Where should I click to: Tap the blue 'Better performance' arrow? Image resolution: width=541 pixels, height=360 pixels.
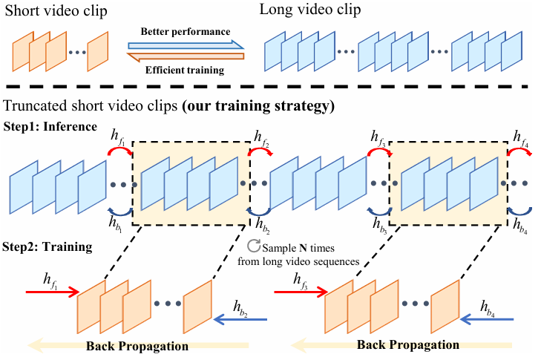point(186,42)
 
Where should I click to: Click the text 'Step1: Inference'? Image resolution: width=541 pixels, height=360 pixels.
point(50,127)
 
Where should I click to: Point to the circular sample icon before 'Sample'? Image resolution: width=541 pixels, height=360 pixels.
point(253,246)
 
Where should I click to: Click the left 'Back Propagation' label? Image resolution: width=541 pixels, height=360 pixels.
point(137,346)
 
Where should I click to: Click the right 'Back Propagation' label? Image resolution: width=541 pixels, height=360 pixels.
point(407,345)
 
